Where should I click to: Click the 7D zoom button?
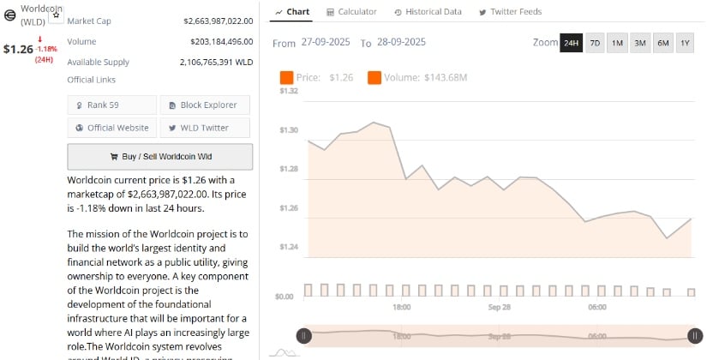coord(595,43)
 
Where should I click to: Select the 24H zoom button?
coord(571,43)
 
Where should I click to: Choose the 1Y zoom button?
coord(685,43)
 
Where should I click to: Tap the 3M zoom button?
coord(640,43)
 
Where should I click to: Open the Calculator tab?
coord(351,12)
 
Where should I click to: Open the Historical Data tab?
coord(428,12)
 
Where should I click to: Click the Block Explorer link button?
coord(206,105)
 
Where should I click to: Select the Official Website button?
coord(113,128)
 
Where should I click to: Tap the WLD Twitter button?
coord(206,128)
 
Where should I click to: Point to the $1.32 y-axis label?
coord(289,91)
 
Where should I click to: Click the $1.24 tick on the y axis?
coord(289,248)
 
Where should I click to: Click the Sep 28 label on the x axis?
coord(500,307)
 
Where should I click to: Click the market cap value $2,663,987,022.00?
coord(218,21)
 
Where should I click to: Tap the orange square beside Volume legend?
coord(374,78)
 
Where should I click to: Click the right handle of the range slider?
coord(695,337)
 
